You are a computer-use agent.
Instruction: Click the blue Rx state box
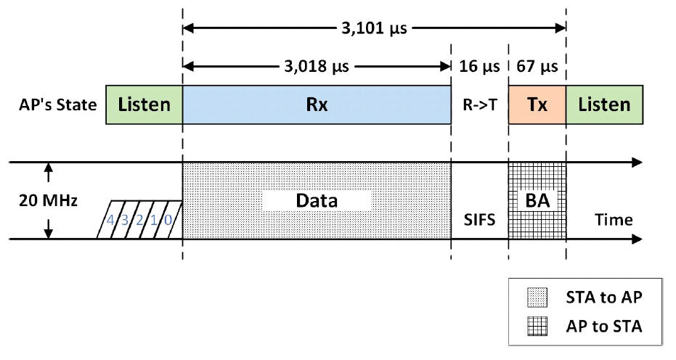tap(317, 105)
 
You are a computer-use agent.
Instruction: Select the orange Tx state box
tap(537, 105)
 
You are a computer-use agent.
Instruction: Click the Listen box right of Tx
tap(604, 105)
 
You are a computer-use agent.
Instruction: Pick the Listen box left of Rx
tap(144, 105)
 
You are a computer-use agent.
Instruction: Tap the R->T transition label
tap(479, 105)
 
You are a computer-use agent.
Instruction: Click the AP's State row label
tap(57, 105)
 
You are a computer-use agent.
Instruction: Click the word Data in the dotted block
tap(317, 200)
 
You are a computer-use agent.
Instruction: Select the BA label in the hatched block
tap(537, 200)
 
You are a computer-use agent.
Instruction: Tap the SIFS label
tap(479, 219)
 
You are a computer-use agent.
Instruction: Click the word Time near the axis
tap(613, 219)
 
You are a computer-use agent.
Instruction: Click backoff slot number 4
tap(111, 219)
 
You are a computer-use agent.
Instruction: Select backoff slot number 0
tap(167, 219)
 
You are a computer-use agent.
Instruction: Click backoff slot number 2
tap(139, 219)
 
